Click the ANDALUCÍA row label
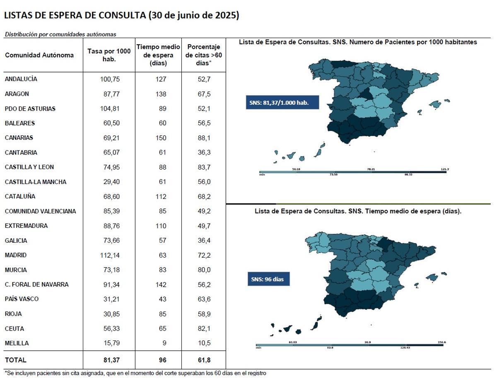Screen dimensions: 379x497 [x=21, y=79]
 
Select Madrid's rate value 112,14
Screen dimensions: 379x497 [x=110, y=255]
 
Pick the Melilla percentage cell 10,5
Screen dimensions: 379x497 [x=204, y=343]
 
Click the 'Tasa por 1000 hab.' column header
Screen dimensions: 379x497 [x=109, y=55]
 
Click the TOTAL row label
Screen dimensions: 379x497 [x=15, y=360]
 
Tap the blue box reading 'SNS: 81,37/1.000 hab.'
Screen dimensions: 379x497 [x=282, y=102]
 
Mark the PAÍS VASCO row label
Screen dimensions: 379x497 [x=22, y=299]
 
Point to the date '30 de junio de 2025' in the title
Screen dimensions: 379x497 [x=193, y=16]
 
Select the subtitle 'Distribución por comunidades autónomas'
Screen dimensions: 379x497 [x=60, y=34]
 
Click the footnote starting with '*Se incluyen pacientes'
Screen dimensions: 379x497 [x=135, y=373]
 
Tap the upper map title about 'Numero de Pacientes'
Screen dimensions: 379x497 [x=358, y=42]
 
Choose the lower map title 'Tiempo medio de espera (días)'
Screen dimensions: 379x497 [x=358, y=211]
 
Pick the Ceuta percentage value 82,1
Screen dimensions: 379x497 [x=204, y=328]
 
